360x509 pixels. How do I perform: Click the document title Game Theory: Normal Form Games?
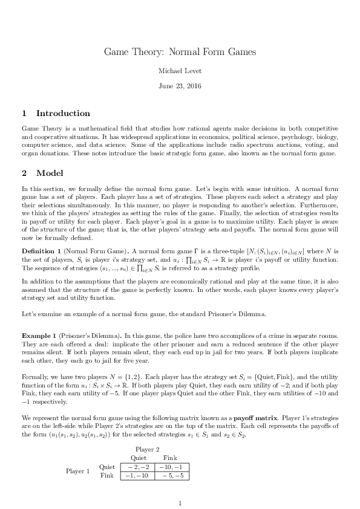(180, 52)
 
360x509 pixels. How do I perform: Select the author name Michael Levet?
(180, 71)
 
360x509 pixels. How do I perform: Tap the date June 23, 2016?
(180, 86)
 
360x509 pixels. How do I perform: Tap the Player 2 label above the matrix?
(147, 449)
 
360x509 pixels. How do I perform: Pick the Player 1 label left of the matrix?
(78, 471)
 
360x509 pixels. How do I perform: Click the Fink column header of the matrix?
(170, 458)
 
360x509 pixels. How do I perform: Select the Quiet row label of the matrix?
(106, 467)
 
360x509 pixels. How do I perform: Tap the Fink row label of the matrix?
(106, 476)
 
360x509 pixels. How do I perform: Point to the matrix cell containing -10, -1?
(172, 467)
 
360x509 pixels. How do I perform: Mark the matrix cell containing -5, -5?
(172, 476)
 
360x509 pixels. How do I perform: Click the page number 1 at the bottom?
(180, 502)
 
